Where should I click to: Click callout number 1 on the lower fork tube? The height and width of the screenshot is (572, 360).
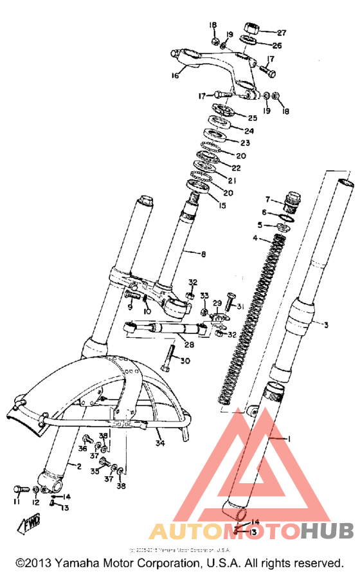(289, 438)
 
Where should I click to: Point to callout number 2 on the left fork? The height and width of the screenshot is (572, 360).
(78, 466)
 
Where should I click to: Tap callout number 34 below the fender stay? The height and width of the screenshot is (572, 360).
(159, 443)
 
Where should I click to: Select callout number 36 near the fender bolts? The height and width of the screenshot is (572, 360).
(83, 448)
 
